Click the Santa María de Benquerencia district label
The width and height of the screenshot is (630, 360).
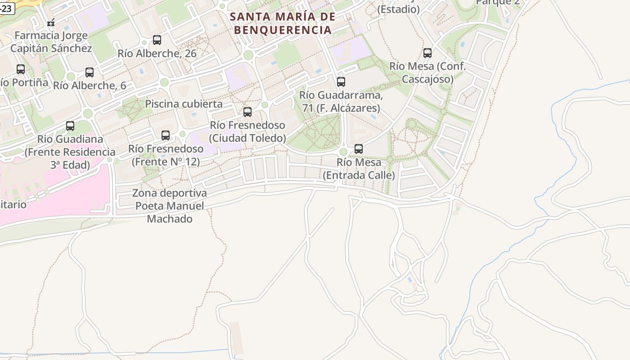[283, 23]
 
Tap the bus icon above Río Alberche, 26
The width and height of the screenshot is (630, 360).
[157, 40]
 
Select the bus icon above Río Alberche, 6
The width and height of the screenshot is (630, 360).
[90, 72]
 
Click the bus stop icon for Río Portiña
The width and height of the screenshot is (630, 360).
[21, 69]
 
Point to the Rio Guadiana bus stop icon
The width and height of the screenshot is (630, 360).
[70, 126]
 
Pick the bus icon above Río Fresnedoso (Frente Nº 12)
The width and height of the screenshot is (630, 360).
[166, 135]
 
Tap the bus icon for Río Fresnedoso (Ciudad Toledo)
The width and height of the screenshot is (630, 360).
[247, 112]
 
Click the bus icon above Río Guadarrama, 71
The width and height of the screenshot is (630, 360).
[341, 82]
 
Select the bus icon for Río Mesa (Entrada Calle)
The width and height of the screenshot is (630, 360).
[359, 149]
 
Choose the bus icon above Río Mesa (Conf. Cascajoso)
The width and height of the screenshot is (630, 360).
[427, 53]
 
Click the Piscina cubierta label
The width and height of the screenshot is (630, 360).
[184, 104]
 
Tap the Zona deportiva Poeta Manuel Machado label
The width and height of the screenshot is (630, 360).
[170, 206]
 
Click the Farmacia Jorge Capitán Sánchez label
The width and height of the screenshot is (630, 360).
[51, 42]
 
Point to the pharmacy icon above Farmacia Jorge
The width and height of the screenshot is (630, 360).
[51, 22]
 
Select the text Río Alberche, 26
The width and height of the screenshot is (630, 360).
[157, 54]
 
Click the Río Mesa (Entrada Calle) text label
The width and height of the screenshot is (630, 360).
[359, 169]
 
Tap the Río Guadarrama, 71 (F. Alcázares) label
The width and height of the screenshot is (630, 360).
[341, 102]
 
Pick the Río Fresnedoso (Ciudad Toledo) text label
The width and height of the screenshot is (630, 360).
[247, 131]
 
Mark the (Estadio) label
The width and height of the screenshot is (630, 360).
[398, 9]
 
